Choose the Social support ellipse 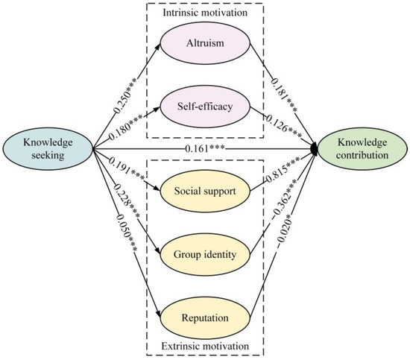coord(204,191)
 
